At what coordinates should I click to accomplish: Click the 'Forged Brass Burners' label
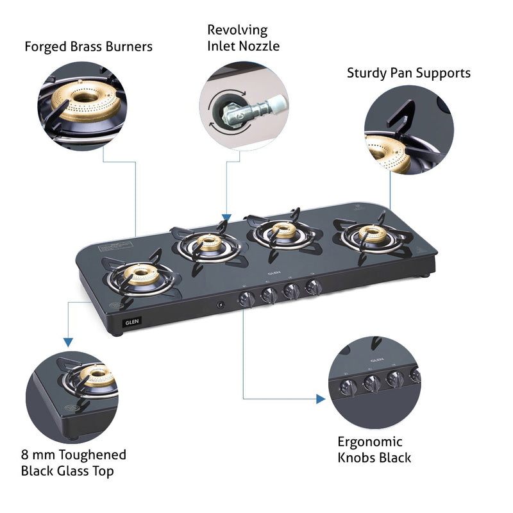coord(88,47)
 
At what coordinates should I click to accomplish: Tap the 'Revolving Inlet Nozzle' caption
coord(243,38)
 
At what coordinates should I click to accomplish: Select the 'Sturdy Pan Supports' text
coord(408,73)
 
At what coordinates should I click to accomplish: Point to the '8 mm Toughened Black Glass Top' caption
coord(74,463)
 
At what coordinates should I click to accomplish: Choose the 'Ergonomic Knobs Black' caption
coord(374,450)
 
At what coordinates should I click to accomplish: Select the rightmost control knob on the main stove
coord(313,288)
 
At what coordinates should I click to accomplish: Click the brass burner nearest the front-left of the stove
coord(140,274)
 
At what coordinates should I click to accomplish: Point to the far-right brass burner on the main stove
coord(372,235)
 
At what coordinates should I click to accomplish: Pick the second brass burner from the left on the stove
coord(209,244)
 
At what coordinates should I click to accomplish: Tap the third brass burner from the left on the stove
coord(280,231)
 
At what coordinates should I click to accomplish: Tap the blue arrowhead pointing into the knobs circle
coord(321,399)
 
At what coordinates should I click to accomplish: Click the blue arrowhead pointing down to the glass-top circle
coord(67,342)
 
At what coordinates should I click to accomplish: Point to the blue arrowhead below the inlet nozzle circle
coord(226,218)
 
